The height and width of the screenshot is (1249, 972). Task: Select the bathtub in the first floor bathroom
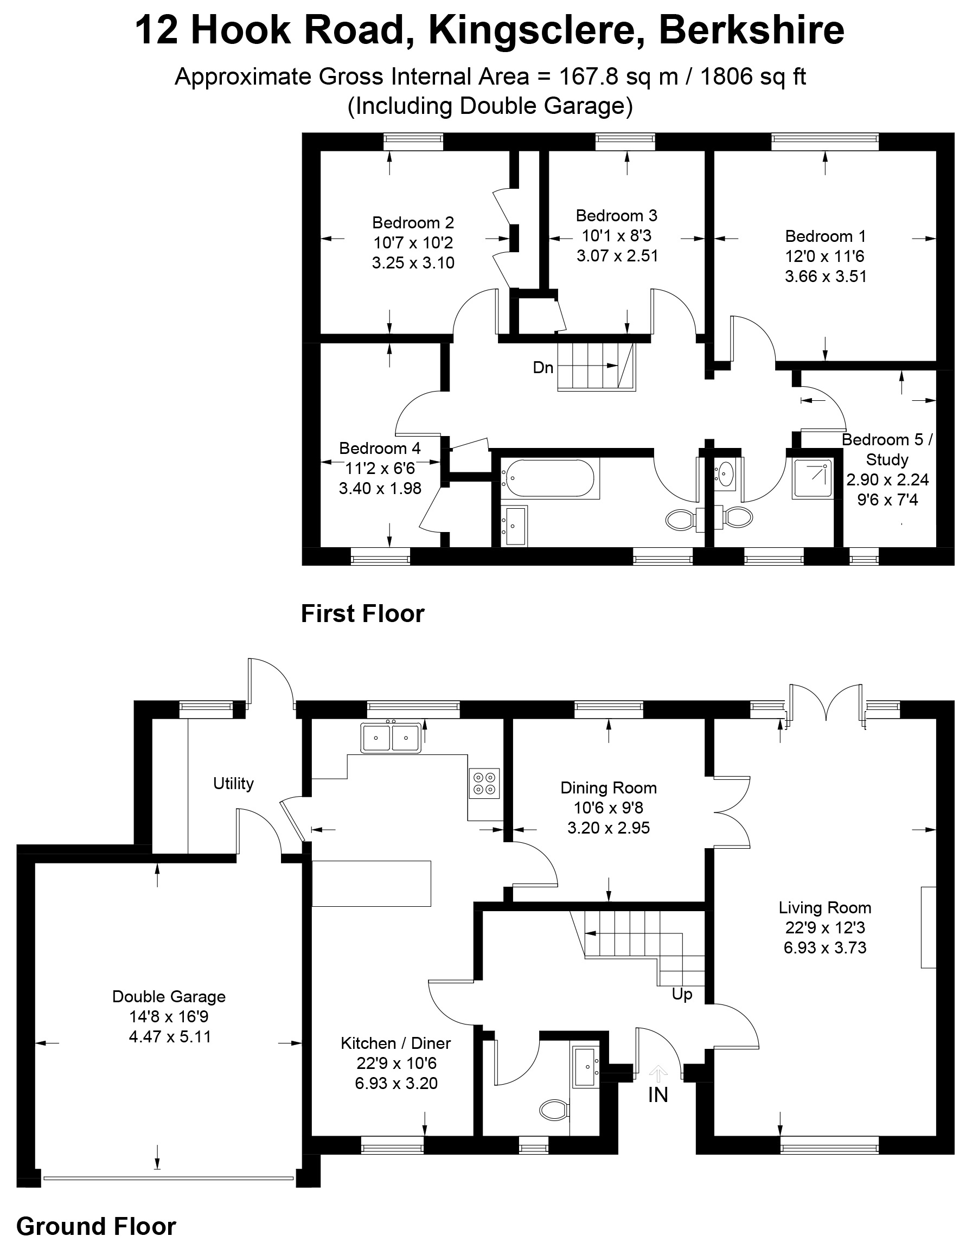[548, 478]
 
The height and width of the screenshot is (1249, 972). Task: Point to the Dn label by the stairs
[542, 367]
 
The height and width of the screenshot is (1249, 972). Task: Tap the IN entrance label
[658, 1094]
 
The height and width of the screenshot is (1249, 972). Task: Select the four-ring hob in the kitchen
[484, 784]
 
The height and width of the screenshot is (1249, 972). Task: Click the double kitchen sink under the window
[391, 738]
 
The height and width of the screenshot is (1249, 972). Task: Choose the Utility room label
[233, 784]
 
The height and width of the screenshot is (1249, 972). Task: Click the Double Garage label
[169, 996]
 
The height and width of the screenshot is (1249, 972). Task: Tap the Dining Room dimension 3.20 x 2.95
[608, 828]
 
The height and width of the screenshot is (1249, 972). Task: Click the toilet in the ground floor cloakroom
[553, 1110]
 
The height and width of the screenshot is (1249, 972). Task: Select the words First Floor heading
[363, 613]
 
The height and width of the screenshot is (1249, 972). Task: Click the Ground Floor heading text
[96, 1226]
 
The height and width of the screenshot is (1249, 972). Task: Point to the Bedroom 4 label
[379, 449]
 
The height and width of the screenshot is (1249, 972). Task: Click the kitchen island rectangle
[370, 883]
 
